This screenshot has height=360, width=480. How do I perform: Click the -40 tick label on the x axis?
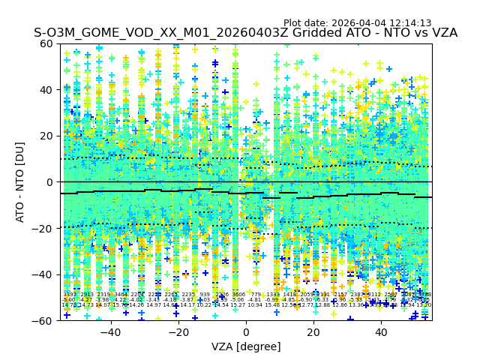click(110, 332)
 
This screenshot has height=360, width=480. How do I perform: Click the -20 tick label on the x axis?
click(178, 332)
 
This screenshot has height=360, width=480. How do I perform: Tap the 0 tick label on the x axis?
click(246, 332)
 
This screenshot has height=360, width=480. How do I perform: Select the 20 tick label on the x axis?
click(313, 332)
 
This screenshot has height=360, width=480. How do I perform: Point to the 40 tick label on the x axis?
click(381, 332)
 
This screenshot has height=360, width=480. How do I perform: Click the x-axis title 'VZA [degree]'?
click(246, 346)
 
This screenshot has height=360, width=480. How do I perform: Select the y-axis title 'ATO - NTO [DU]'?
click(21, 182)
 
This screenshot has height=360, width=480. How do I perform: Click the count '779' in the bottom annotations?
click(255, 295)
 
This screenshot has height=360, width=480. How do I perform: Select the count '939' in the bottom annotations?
click(205, 295)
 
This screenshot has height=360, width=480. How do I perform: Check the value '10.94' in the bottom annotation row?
click(255, 305)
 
